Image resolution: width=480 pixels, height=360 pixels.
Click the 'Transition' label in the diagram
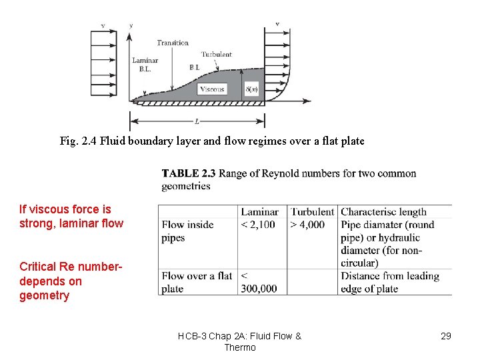(173, 43)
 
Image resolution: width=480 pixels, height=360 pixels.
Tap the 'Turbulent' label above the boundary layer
(216, 54)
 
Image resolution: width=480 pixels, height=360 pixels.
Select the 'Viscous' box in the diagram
(212, 89)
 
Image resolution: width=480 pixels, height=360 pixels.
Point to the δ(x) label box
(251, 89)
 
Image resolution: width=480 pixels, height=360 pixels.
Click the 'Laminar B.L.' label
(145, 64)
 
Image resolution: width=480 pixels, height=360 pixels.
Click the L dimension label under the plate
(197, 121)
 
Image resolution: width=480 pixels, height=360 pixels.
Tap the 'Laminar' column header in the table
(259, 212)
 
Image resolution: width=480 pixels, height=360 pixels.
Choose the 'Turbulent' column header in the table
(312, 212)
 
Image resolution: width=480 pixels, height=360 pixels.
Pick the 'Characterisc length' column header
(383, 212)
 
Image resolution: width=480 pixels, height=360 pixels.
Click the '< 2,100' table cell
(258, 225)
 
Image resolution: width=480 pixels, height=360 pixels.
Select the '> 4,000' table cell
(307, 225)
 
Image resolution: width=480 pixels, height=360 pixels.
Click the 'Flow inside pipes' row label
(187, 231)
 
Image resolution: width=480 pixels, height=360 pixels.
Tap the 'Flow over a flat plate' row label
(197, 282)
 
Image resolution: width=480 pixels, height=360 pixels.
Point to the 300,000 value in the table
(259, 289)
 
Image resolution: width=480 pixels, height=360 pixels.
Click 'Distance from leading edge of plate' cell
(389, 282)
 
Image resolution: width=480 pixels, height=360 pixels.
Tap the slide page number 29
(446, 336)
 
